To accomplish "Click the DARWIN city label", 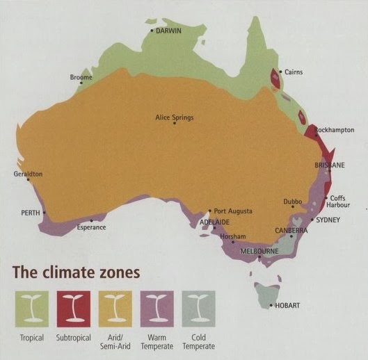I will tap(170, 32).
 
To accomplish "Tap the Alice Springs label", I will tap(174, 117).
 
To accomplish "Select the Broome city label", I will tap(81, 77).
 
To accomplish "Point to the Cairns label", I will tap(293, 72).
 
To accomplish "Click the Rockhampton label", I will tap(335, 130).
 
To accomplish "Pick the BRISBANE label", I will tap(330, 165).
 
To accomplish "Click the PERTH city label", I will tap(31, 213).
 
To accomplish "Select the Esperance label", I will tap(91, 227).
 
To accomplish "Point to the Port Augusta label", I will tap(233, 211).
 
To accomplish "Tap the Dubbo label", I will tap(292, 202).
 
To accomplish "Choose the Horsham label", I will tap(233, 236).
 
